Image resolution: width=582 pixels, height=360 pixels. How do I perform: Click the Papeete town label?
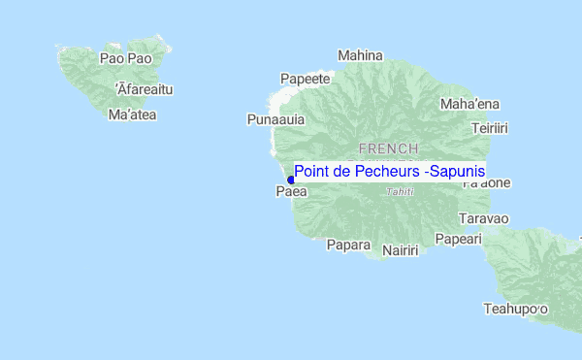click(x=306, y=79)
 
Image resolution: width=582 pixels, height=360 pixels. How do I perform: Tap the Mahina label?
click(x=360, y=55)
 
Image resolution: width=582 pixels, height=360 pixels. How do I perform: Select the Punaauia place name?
click(x=276, y=119)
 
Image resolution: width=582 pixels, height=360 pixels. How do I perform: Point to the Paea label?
click(x=291, y=192)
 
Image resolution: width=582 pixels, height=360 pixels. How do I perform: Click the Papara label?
click(x=348, y=245)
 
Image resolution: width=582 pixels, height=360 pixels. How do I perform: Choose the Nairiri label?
click(x=400, y=250)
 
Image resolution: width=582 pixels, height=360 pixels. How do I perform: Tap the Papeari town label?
click(x=458, y=239)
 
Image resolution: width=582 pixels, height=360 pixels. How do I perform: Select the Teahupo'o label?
click(x=515, y=309)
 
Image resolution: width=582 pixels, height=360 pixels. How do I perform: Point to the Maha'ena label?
click(x=469, y=104)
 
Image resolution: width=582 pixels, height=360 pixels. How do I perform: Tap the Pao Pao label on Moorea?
click(x=126, y=58)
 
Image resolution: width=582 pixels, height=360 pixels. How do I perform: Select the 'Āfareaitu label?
click(x=144, y=89)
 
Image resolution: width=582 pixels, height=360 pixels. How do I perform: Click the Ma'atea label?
click(x=133, y=115)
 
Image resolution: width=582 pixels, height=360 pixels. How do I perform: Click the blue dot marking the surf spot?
click(x=291, y=180)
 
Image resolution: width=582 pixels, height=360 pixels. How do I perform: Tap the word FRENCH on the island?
click(x=388, y=148)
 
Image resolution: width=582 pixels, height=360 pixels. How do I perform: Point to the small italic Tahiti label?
click(x=400, y=192)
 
